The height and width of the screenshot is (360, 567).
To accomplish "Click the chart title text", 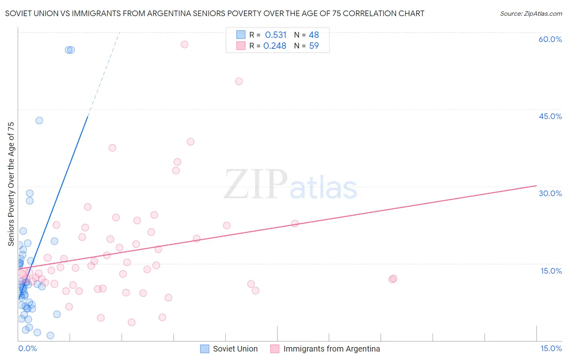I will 215,13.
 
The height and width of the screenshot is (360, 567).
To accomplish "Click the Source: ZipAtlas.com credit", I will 531,14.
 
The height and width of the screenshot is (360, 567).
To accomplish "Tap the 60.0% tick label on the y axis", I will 550,39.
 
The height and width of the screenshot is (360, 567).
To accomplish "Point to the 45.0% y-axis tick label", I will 550,116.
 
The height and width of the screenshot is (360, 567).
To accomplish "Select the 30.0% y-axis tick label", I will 550,193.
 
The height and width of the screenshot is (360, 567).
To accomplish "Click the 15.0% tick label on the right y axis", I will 551,271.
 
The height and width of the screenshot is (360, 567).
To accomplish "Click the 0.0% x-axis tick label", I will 27,349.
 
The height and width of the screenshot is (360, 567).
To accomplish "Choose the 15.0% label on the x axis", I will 551,349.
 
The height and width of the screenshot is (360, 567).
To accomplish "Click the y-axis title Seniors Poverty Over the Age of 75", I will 11,184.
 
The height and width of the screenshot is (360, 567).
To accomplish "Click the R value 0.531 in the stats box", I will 276,35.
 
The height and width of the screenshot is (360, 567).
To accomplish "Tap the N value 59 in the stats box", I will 314,46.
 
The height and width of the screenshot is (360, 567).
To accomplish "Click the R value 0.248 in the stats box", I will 275,46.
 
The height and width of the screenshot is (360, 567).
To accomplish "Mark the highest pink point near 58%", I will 184,44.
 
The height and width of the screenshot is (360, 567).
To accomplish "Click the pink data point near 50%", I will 239,81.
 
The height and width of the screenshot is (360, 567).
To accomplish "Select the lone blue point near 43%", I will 39,120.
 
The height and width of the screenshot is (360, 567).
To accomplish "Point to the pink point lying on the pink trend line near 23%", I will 295,224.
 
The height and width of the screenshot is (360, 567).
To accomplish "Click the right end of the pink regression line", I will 536,186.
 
